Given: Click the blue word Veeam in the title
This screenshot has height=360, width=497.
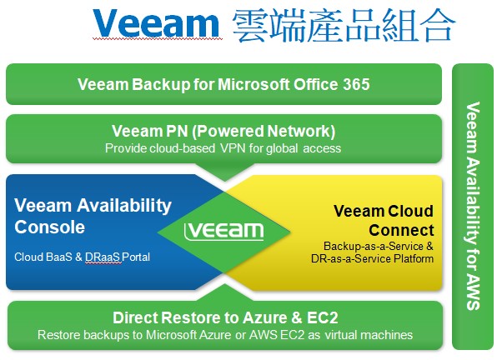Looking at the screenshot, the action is click(x=156, y=23).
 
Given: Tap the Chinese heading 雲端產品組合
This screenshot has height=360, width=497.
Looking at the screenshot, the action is click(x=344, y=25).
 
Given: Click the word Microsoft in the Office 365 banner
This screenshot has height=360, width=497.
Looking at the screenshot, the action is click(x=254, y=84).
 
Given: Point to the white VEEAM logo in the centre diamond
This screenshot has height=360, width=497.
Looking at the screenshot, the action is click(x=224, y=231).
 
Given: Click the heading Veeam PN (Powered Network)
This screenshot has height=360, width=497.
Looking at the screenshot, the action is click(x=223, y=131).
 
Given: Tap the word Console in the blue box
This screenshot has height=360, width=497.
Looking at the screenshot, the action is click(x=50, y=227).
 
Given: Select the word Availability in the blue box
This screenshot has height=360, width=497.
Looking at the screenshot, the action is click(x=124, y=206).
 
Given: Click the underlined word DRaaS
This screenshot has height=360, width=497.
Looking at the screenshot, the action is click(x=103, y=257).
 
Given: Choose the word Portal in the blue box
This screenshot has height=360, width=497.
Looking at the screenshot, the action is click(x=136, y=257).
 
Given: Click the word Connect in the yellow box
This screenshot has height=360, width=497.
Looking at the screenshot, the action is click(x=401, y=230).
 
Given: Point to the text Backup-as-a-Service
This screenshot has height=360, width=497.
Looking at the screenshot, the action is click(x=374, y=246).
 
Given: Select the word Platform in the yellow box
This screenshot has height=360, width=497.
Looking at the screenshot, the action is click(x=414, y=258).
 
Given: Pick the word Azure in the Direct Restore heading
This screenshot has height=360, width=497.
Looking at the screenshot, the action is click(x=264, y=317).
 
